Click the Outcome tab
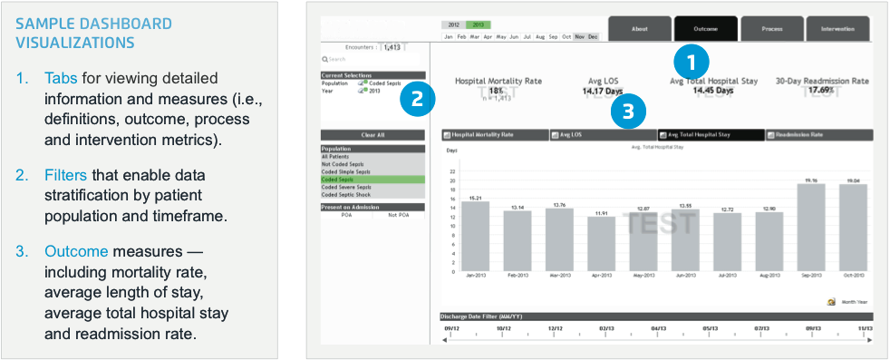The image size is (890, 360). click(706, 28)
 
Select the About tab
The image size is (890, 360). click(639, 28)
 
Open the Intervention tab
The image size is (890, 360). click(837, 28)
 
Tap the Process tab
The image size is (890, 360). click(772, 28)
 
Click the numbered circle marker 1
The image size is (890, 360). click(692, 63)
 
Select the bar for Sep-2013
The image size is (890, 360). click(811, 227)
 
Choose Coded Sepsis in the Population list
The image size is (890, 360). click(372, 180)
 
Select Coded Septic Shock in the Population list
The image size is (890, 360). click(372, 194)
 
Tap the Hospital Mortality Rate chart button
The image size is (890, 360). click(495, 135)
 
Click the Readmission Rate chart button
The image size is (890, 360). click(819, 135)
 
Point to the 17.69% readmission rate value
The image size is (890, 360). click(821, 91)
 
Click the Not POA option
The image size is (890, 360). click(399, 215)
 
